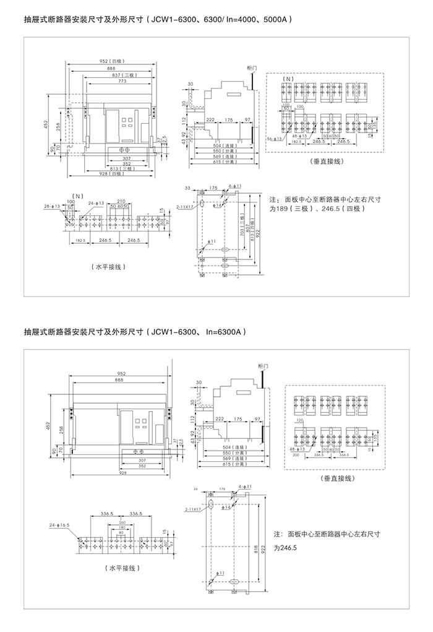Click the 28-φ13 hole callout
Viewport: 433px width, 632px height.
point(52,206)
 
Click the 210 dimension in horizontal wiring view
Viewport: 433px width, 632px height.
point(121,201)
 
